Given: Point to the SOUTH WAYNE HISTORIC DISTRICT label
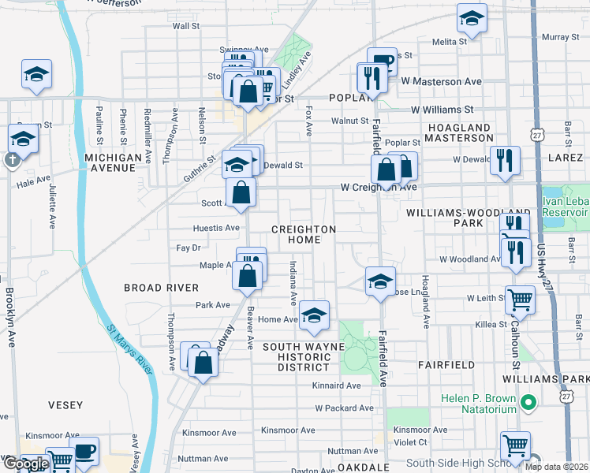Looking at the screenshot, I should (x=304, y=357).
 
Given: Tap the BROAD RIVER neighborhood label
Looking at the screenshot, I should (x=161, y=288).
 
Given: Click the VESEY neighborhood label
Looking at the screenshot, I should (x=65, y=405).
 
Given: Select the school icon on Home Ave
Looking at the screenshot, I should (x=314, y=316).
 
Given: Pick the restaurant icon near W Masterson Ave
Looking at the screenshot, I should (x=370, y=77).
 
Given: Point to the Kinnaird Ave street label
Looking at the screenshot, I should (x=335, y=385).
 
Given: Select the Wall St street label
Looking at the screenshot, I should (x=186, y=26).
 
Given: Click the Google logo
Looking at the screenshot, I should (x=26, y=464).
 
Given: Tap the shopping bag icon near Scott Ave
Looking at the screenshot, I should (x=241, y=192).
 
